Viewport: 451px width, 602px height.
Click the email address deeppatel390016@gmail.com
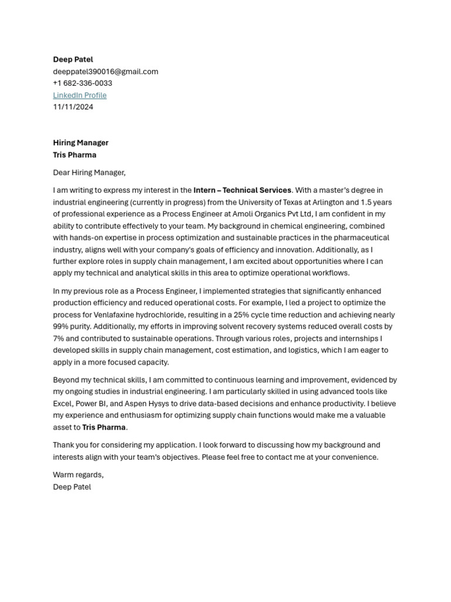pos(106,72)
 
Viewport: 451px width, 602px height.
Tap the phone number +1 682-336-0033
pos(82,83)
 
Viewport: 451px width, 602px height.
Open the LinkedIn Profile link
pos(80,95)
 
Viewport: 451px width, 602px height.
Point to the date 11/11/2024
pos(73,107)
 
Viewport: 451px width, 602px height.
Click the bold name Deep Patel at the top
pos(73,59)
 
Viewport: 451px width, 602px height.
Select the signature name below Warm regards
pos(72,487)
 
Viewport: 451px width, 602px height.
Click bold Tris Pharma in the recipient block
pos(75,155)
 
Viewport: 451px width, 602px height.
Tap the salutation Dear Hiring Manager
pos(89,173)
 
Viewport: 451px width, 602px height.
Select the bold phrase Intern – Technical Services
pos(242,190)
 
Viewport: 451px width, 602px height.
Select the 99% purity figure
pos(61,326)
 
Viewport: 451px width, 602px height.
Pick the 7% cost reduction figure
pos(58,339)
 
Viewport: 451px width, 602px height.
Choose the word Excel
pos(62,404)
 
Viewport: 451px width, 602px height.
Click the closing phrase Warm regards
pos(78,475)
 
